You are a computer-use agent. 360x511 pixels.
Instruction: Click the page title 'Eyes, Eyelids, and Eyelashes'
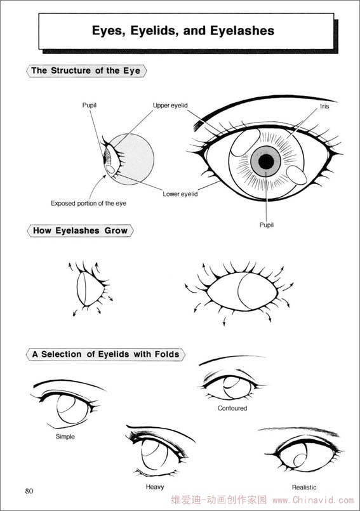tap(183, 30)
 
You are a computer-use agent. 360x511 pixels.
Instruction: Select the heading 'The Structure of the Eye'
tap(86, 70)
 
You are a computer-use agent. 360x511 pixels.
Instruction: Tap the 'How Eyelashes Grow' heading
tap(80, 230)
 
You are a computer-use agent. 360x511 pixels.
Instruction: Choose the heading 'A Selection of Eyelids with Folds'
tap(105, 354)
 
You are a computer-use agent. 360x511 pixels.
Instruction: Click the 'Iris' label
tap(324, 106)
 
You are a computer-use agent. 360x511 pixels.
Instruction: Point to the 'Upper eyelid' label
tap(170, 105)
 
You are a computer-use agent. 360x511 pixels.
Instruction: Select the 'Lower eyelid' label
tap(180, 194)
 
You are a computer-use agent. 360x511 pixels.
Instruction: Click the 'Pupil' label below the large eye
tap(267, 225)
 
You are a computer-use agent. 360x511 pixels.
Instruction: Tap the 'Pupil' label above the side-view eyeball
tap(90, 105)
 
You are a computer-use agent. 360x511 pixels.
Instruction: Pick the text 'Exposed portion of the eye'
tap(88, 203)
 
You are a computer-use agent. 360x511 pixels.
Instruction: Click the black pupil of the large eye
tap(266, 161)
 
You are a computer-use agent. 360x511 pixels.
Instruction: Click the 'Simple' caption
tap(65, 436)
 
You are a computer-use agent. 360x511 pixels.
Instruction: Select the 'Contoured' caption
tap(232, 408)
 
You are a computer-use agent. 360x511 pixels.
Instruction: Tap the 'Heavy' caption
tap(154, 487)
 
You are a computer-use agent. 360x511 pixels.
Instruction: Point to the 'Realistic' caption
tap(304, 488)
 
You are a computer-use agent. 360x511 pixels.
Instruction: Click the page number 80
tap(29, 491)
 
